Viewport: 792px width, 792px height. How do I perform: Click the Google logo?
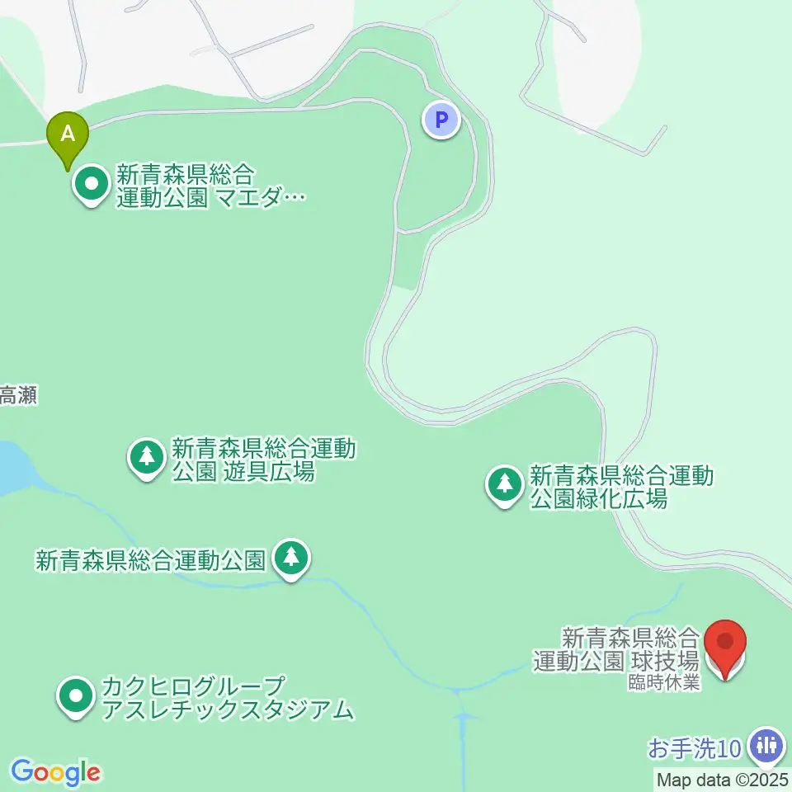[56, 772]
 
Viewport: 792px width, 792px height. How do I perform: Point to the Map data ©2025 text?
[723, 778]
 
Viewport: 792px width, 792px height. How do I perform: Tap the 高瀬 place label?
[18, 396]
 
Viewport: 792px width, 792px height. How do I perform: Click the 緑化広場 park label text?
[621, 487]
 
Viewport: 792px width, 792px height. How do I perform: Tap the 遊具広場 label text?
[263, 460]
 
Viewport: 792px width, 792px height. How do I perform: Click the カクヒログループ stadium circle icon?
[77, 695]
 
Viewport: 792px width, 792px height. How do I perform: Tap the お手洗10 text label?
[695, 749]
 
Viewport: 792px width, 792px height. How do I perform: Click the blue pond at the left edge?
[12, 467]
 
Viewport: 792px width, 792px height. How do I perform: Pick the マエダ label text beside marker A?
[210, 186]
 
